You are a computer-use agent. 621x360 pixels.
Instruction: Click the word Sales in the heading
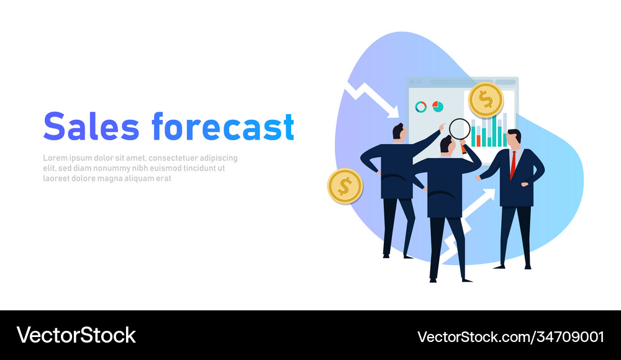coord(91,126)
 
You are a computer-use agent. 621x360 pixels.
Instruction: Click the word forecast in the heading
coord(222,126)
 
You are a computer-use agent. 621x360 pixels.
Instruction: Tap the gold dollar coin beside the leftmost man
coord(345,186)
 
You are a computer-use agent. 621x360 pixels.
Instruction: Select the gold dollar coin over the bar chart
coord(486,99)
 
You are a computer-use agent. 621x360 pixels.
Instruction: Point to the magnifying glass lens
coord(460,129)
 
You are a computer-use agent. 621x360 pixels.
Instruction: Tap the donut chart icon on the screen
coord(421,107)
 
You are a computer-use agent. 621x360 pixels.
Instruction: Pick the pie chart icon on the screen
coord(438,106)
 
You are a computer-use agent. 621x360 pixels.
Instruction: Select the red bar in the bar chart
coord(478,140)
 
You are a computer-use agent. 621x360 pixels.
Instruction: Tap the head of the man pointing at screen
coord(399,132)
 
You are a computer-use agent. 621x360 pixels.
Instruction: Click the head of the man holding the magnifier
coord(446,145)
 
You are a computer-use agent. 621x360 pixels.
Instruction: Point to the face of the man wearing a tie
coord(514,139)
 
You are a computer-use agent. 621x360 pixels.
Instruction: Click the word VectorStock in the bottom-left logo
coord(76,335)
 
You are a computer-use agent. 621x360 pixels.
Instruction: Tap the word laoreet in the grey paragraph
coord(57,178)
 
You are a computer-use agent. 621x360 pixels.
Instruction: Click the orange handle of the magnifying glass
coord(463,148)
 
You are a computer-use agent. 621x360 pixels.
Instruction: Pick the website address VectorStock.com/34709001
coord(510,336)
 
